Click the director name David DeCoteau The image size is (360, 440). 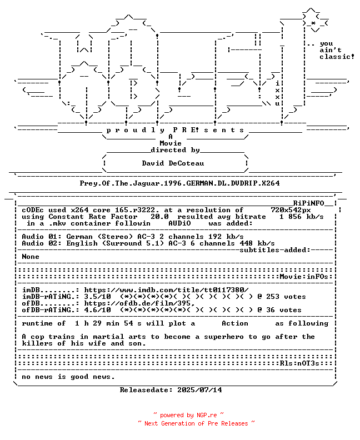click(173, 163)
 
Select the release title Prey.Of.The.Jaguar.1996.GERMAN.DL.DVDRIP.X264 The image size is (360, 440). click(179, 183)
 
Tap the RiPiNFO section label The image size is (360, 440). click(309, 203)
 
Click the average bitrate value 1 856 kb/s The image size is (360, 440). click(301, 217)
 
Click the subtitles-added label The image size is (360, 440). click(275, 250)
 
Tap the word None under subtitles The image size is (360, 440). click(31, 257)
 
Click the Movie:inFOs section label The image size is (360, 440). click(304, 277)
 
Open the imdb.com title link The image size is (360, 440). click(167, 290)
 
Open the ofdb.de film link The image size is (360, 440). click(139, 303)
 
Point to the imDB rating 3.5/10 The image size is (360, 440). click(97, 297)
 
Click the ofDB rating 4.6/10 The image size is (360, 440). click(97, 310)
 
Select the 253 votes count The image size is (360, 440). click(286, 297)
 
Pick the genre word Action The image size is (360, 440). click(235, 323)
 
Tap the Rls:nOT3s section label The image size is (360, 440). click(299, 363)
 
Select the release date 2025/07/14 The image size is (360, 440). click(199, 390)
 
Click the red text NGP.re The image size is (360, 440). click(207, 415)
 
